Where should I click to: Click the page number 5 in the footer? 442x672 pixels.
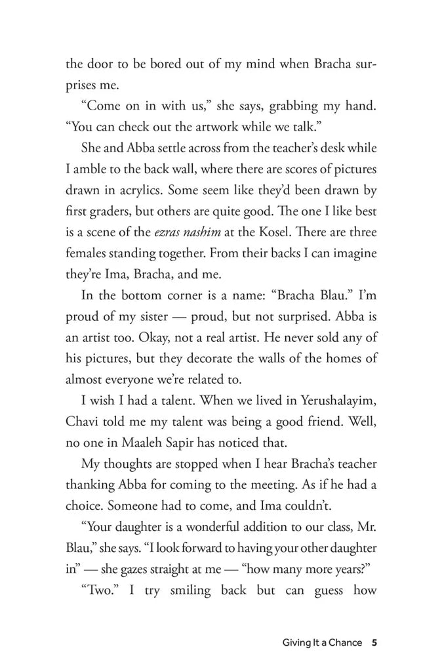[373, 642]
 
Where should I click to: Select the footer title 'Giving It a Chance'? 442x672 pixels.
[321, 642]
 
